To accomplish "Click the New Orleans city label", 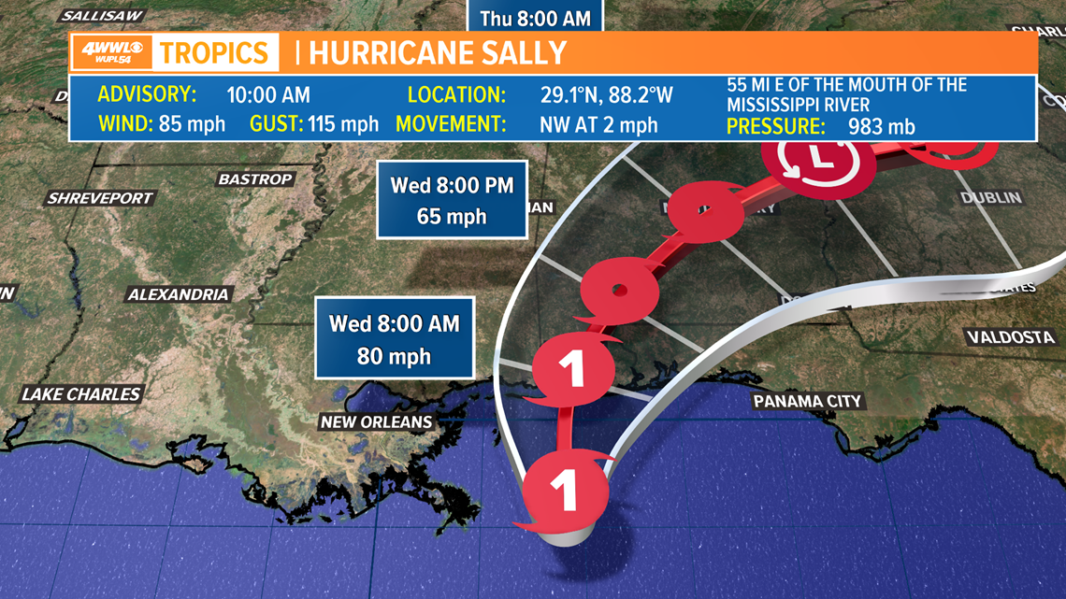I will pyautogui.click(x=376, y=422).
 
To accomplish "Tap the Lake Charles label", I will pyautogui.click(x=81, y=394).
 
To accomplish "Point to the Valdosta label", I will pyautogui.click(x=1010, y=337).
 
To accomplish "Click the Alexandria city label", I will pyautogui.click(x=178, y=294).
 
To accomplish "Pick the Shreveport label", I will pyautogui.click(x=101, y=198).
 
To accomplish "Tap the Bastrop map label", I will pyautogui.click(x=255, y=179).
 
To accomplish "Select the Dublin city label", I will pyautogui.click(x=990, y=198).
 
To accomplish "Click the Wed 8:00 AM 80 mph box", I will pyautogui.click(x=394, y=339).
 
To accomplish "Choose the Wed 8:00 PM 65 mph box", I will pyautogui.click(x=452, y=200).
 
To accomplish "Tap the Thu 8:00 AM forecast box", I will pyautogui.click(x=537, y=17).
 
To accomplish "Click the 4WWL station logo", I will pyautogui.click(x=111, y=52).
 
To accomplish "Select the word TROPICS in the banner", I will pyautogui.click(x=214, y=52).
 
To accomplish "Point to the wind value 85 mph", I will pyautogui.click(x=192, y=124).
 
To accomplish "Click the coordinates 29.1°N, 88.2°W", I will pyautogui.click(x=606, y=95).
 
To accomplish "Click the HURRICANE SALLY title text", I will pyautogui.click(x=439, y=52).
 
